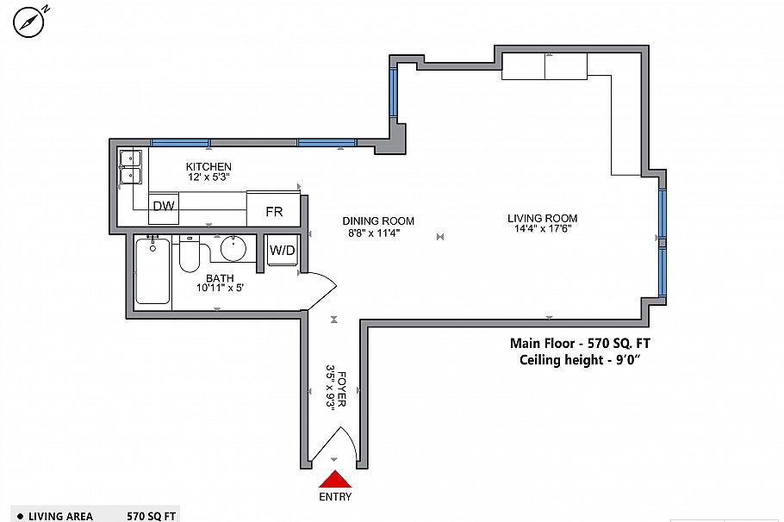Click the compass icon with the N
29,22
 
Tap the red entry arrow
334,482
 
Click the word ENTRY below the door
335,497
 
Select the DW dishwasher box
163,207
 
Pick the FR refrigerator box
274,211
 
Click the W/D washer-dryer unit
282,251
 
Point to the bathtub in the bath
152,272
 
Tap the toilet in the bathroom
189,255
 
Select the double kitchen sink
132,167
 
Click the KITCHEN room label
208,166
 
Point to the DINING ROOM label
378,221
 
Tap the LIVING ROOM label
542,218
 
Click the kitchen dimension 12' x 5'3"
208,177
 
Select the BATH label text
219,277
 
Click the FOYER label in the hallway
341,389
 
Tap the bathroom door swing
319,289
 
